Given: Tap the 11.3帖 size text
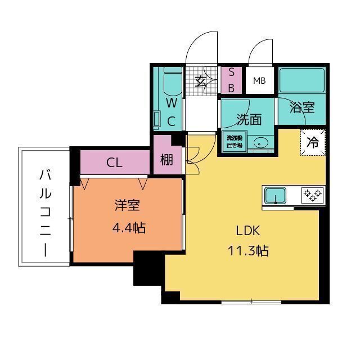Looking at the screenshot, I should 247,251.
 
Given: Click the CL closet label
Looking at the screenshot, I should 114,163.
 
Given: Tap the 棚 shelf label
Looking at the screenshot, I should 166,160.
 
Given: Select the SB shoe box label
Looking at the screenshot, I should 231,80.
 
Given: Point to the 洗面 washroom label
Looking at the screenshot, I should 248,119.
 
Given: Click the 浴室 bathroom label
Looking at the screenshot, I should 302,108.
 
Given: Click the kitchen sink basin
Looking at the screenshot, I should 274,195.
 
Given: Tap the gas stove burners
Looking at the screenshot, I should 313,195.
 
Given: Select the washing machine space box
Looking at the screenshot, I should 233,141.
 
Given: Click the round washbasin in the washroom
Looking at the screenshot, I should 260,142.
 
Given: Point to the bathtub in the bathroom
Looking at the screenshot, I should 302,80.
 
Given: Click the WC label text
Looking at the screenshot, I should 172,111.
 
